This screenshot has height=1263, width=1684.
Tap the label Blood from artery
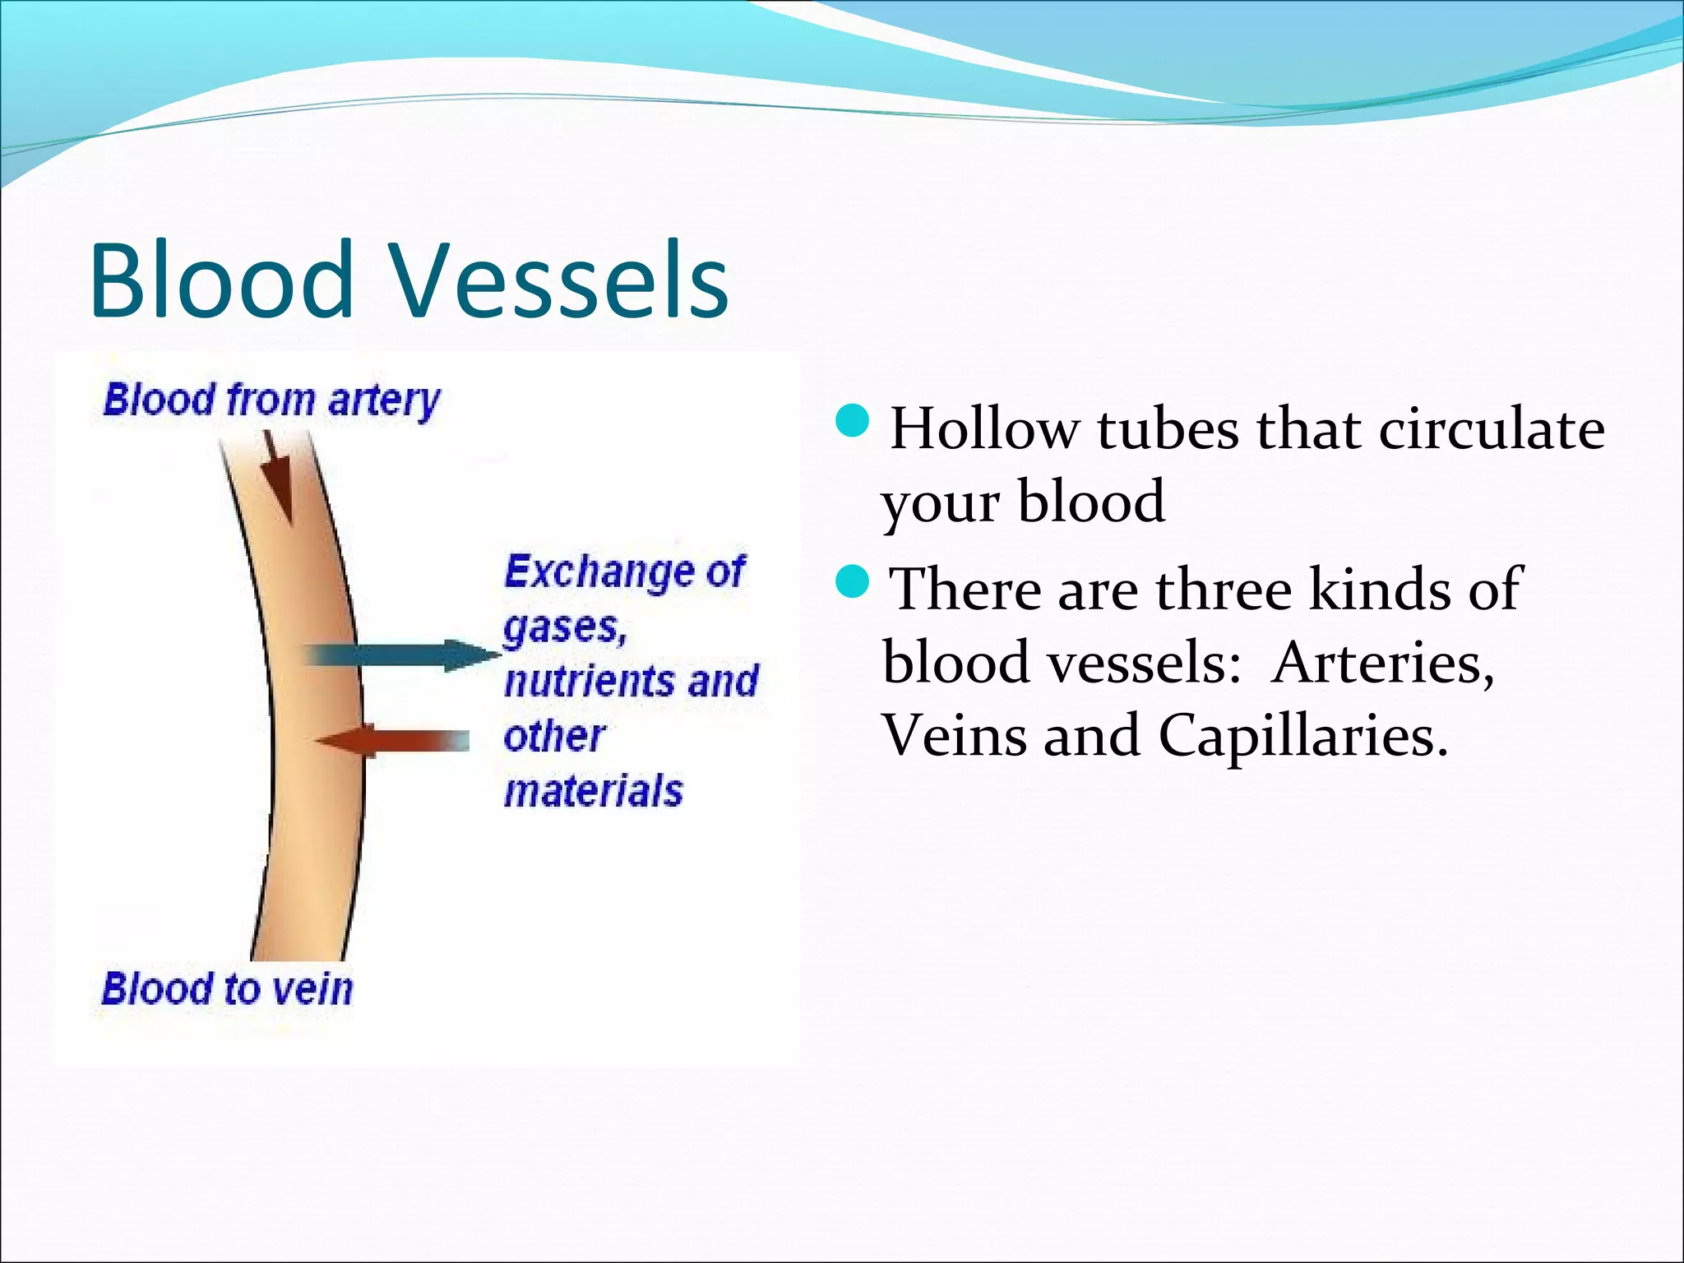coord(271,401)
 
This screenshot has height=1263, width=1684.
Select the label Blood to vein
coord(227,988)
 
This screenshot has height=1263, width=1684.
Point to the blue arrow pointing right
coord(403,655)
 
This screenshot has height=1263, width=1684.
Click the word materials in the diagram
coord(593,791)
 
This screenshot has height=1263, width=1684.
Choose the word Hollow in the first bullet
coord(985,429)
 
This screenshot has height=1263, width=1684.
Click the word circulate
coord(1492,429)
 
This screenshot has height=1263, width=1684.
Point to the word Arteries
coord(1381,663)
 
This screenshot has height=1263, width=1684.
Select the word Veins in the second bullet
coord(954,734)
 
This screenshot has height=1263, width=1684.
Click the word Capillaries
coord(1302,734)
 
